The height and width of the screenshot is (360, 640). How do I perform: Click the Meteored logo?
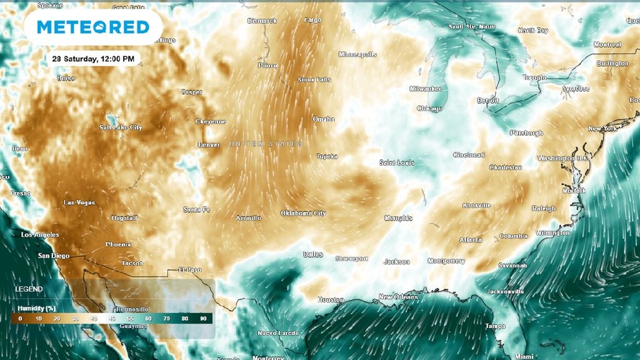click(x=93, y=27)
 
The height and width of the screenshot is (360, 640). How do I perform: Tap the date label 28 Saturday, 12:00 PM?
click(x=93, y=58)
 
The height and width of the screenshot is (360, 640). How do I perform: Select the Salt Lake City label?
click(x=121, y=127)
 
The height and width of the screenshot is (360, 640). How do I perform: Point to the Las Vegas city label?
click(x=79, y=202)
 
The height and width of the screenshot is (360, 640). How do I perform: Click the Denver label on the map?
click(x=209, y=144)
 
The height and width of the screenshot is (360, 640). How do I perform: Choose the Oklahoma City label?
click(x=303, y=213)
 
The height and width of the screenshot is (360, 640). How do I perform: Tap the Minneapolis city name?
click(x=357, y=54)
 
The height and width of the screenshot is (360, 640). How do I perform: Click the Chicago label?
click(x=429, y=108)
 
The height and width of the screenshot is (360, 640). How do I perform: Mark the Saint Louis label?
click(x=397, y=162)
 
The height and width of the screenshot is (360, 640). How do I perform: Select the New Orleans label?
click(x=398, y=297)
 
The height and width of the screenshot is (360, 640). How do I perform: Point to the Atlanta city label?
click(x=471, y=239)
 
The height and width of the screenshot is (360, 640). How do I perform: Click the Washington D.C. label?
click(x=563, y=158)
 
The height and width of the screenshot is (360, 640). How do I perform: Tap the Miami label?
click(x=508, y=356)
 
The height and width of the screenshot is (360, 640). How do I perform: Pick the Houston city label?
click(x=331, y=300)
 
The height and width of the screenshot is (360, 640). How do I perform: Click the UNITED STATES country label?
click(x=266, y=144)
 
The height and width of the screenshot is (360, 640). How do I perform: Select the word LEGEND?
click(x=29, y=289)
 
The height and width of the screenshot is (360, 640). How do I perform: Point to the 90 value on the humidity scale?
click(x=203, y=319)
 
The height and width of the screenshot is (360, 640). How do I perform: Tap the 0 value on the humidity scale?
click(x=21, y=319)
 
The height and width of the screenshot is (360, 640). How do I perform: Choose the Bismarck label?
click(x=262, y=21)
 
